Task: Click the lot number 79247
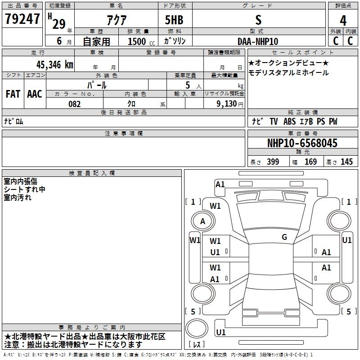(x=22, y=19)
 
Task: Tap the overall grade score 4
(x=343, y=20)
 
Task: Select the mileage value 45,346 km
(x=55, y=65)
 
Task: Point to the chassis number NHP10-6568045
(x=302, y=143)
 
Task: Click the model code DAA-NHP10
(x=258, y=41)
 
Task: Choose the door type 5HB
(x=174, y=20)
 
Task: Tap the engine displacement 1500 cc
(x=141, y=41)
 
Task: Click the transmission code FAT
(x=13, y=94)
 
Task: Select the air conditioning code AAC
(x=35, y=94)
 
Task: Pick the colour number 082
(x=75, y=104)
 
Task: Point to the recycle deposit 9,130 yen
(x=230, y=104)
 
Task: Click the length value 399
(x=273, y=162)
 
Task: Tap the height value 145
(x=346, y=162)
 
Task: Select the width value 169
(x=310, y=162)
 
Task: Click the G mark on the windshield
(x=284, y=237)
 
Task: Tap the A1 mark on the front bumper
(x=220, y=184)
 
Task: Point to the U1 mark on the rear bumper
(x=221, y=332)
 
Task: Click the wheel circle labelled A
(x=203, y=221)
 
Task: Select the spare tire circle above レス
(x=197, y=328)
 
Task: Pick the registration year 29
(x=59, y=24)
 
